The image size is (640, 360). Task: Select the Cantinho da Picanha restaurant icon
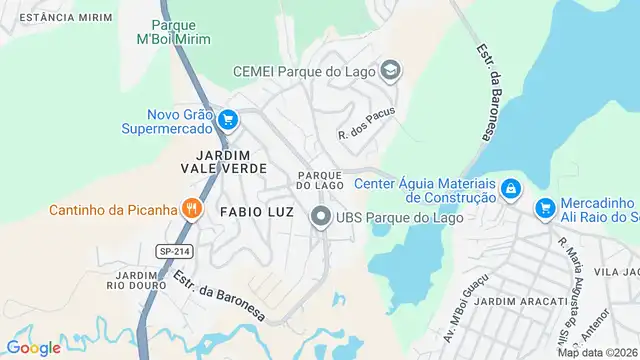[190, 209]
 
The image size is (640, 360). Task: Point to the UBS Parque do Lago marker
[320, 216]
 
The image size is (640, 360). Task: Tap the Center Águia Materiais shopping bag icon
[511, 190]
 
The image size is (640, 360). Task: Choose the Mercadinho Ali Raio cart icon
[545, 208]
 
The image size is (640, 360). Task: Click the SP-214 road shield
[173, 250]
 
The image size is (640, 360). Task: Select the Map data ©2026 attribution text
[597, 352]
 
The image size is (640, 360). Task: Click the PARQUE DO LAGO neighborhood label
[320, 180]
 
